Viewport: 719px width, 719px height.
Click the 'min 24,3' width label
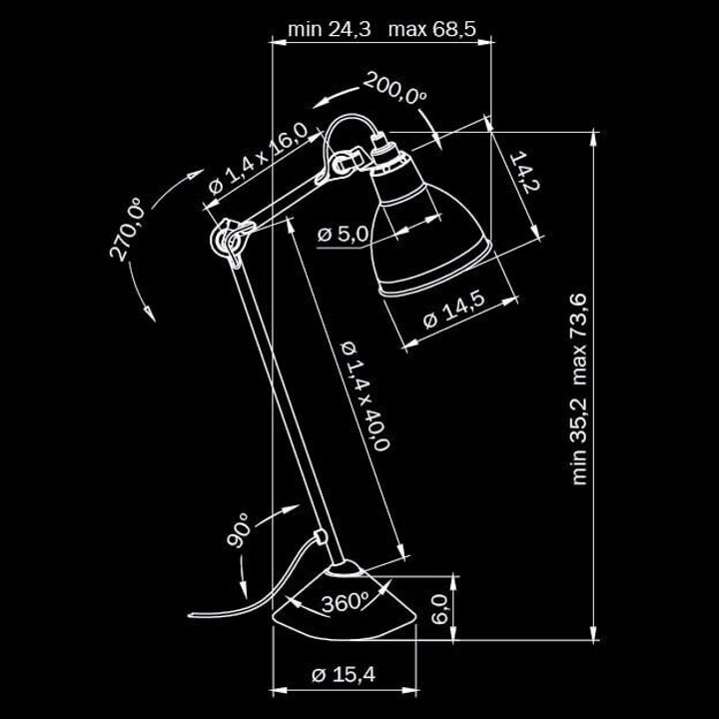pyautogui.click(x=329, y=29)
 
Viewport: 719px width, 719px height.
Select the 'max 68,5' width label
pyautogui.click(x=432, y=29)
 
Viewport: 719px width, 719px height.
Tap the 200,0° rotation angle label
pyautogui.click(x=393, y=91)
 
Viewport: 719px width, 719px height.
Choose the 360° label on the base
pyautogui.click(x=345, y=601)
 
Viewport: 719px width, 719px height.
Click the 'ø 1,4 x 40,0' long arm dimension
pyautogui.click(x=364, y=395)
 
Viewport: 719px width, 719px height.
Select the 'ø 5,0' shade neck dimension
pyautogui.click(x=343, y=235)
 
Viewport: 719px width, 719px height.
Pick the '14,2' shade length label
pyautogui.click(x=523, y=178)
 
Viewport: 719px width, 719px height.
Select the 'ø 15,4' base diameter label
pyautogui.click(x=343, y=676)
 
